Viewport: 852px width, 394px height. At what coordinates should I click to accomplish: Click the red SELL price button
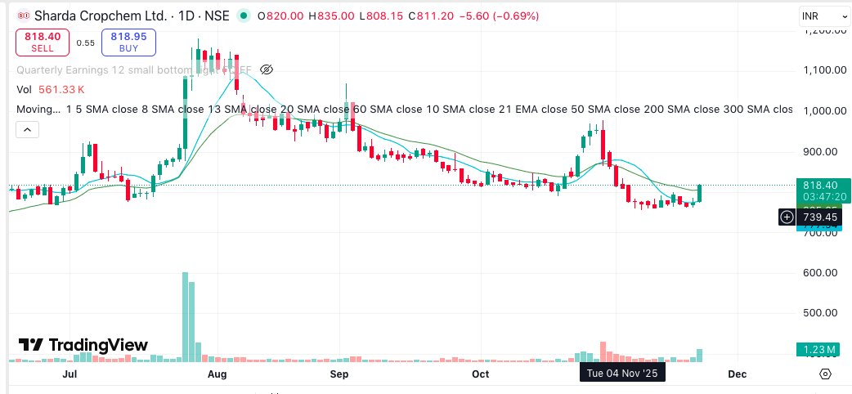(x=43, y=42)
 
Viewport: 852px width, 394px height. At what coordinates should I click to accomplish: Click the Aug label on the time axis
(x=217, y=374)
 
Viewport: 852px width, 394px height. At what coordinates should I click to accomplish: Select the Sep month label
(x=339, y=374)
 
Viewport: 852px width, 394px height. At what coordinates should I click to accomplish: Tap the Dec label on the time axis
(x=737, y=374)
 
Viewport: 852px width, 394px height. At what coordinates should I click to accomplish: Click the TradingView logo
(x=83, y=345)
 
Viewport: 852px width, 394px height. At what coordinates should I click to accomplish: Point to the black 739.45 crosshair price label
(x=820, y=217)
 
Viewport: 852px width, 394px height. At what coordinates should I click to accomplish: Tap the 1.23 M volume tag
(x=819, y=350)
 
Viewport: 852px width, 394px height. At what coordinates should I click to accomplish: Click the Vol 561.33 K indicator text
(x=52, y=89)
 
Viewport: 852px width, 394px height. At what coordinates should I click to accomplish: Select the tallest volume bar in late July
(x=186, y=316)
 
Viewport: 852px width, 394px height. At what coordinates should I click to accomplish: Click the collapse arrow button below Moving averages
(x=27, y=130)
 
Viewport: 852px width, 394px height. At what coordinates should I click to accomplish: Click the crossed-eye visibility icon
(x=266, y=69)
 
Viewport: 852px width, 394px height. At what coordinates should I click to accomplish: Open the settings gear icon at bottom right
(x=825, y=374)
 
